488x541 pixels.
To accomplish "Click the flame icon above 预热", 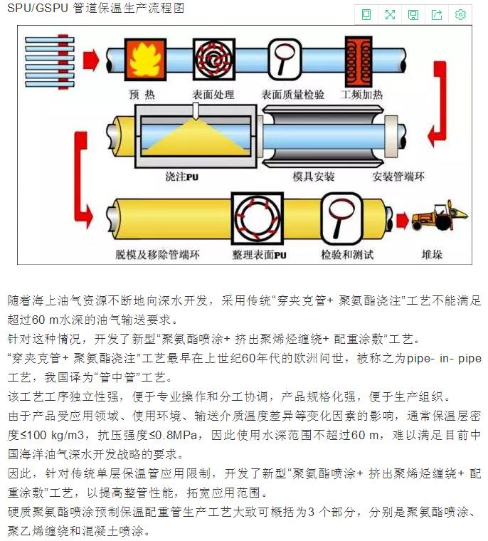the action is pos(145,59).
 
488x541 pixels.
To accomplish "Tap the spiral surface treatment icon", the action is pos(214,59).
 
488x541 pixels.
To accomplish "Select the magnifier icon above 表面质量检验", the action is pos(285,59).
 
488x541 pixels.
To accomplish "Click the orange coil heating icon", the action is pos(359,61).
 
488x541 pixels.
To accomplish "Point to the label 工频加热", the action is pos(361,94).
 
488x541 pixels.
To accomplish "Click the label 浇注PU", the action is pos(181,177).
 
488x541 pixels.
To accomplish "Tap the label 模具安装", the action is pos(313,177).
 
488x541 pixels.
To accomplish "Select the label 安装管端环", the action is pos(398,177).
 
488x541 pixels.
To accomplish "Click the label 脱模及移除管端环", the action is pos(157,255).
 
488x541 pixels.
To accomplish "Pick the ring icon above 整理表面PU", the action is pos(258,218).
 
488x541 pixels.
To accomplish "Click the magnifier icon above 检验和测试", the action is pos(341,218).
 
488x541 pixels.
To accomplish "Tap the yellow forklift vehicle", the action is pos(440,216).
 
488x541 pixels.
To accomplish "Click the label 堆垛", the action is pos(432,255).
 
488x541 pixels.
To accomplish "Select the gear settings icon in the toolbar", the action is pos(460,14).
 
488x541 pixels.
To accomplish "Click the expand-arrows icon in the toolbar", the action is pos(390,14).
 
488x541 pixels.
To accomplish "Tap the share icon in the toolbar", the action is pos(437,14).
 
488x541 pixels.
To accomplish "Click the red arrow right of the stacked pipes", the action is pos(91,60).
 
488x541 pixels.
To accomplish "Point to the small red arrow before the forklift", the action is pos(403,220).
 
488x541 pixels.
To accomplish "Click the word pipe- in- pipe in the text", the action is pos(444,359).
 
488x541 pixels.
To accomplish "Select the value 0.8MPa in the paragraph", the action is pos(176,435).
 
